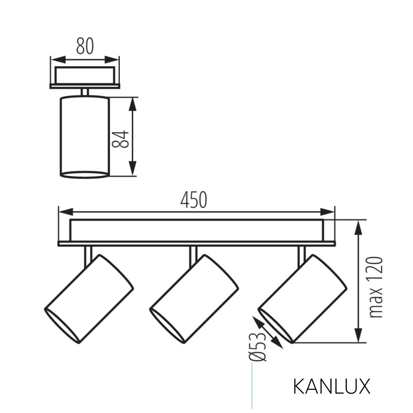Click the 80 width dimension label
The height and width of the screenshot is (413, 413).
tap(85, 47)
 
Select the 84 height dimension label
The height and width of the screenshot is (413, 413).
tap(120, 139)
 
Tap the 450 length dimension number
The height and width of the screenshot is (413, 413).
tap(194, 200)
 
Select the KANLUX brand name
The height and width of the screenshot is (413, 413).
tap(331, 386)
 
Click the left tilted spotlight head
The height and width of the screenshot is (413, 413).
tap(89, 299)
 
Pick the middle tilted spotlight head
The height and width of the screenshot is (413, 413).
tap(194, 299)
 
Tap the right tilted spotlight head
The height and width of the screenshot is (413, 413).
tap(302, 299)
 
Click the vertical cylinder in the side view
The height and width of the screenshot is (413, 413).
tap(84, 136)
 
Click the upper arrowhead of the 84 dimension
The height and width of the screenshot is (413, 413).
tap(133, 104)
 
